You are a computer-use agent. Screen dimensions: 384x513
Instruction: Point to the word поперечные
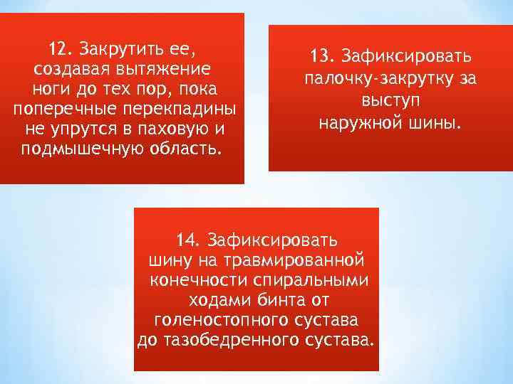[x=62, y=110]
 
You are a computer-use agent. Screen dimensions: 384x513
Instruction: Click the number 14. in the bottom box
[x=190, y=238]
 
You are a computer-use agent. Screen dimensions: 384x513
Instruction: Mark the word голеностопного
[x=222, y=318]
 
